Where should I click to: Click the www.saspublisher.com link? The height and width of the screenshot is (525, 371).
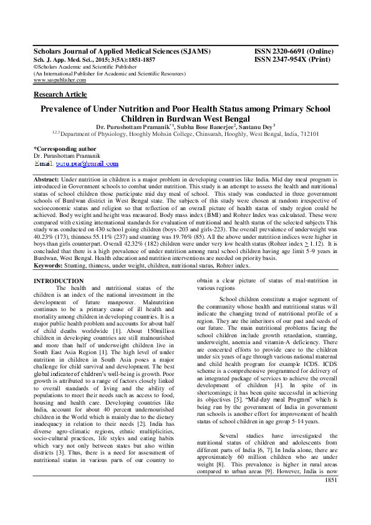(x=60, y=80)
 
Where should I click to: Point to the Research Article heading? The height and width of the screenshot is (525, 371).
(x=60, y=94)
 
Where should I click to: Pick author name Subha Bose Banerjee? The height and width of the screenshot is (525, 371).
(x=198, y=125)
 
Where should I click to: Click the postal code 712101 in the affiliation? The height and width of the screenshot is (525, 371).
(x=311, y=133)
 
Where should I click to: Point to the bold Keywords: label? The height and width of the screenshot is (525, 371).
(x=49, y=265)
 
